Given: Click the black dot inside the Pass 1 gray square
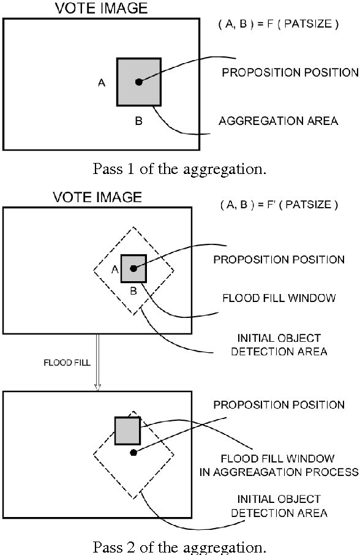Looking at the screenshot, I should pos(139,81).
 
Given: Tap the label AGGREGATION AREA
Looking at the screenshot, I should pos(278,121).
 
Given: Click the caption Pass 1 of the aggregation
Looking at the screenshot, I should pos(179,168).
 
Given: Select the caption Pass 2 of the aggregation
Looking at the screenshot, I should pos(179,546).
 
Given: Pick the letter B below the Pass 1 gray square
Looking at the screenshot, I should pos(138,121).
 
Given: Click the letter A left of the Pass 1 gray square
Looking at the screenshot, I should pos(102,83).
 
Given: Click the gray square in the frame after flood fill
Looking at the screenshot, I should pos(127,431).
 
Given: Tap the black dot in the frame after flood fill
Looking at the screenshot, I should pos(133,453).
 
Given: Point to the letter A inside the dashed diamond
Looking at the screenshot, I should pos(114,268).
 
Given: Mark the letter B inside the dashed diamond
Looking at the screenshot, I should pos(133,290).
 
